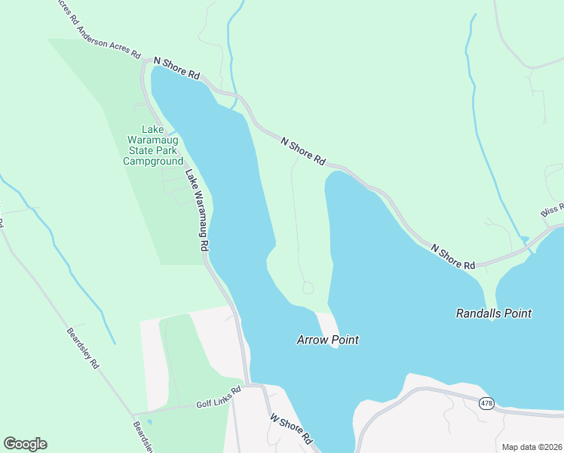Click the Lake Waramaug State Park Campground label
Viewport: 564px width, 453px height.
click(153, 146)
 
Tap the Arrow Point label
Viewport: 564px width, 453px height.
click(326, 341)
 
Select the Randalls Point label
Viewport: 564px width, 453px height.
click(494, 313)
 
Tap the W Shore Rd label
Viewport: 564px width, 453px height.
click(290, 428)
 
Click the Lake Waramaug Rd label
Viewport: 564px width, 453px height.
click(197, 210)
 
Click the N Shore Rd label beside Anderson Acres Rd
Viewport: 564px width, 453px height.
click(176, 69)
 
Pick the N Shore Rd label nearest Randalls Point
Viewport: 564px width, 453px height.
click(452, 257)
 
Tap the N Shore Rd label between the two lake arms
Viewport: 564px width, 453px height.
click(302, 152)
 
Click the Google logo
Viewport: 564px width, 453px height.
click(25, 444)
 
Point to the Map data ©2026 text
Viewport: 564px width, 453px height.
click(531, 447)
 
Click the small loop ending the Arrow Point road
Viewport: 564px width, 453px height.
click(308, 288)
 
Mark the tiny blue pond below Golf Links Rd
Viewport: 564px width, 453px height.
click(149, 421)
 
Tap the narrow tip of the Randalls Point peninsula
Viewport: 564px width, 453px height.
click(492, 317)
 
